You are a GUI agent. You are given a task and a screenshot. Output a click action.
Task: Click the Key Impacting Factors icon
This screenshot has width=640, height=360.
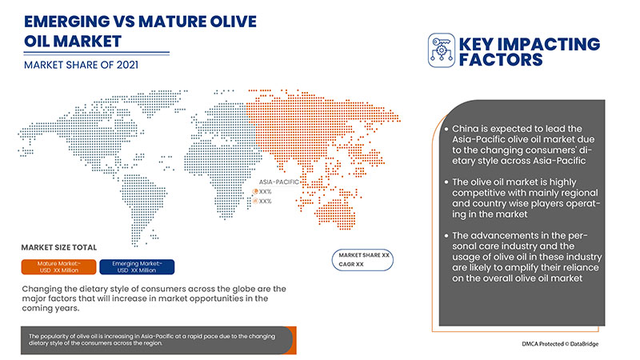pyautogui.click(x=442, y=50)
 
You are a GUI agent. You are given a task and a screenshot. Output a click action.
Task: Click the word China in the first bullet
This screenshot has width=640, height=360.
pyautogui.click(x=469, y=129)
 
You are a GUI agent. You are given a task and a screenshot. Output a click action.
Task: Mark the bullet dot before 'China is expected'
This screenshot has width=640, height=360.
pyautogui.click(x=445, y=129)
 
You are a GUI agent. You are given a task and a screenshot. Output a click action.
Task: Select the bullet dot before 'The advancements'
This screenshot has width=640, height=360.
pyautogui.click(x=445, y=234)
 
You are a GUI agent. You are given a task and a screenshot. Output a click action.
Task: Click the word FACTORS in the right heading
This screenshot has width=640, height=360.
pyautogui.click(x=503, y=59)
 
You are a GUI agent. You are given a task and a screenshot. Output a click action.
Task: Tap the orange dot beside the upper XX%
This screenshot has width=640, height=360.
pyautogui.click(x=255, y=191)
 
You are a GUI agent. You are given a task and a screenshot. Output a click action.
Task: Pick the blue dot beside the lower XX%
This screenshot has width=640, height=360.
pyautogui.click(x=255, y=202)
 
